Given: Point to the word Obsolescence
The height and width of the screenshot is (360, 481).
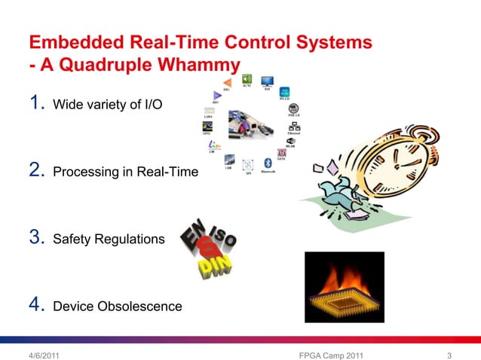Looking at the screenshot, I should tap(142, 307).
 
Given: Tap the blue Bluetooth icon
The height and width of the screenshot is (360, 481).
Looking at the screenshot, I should tap(267, 162).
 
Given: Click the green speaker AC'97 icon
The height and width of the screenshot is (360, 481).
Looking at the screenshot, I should tap(247, 78).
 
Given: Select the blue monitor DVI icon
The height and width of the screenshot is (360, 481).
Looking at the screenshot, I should tap(267, 80).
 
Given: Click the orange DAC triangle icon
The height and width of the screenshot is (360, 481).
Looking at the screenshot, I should tap(226, 84).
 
